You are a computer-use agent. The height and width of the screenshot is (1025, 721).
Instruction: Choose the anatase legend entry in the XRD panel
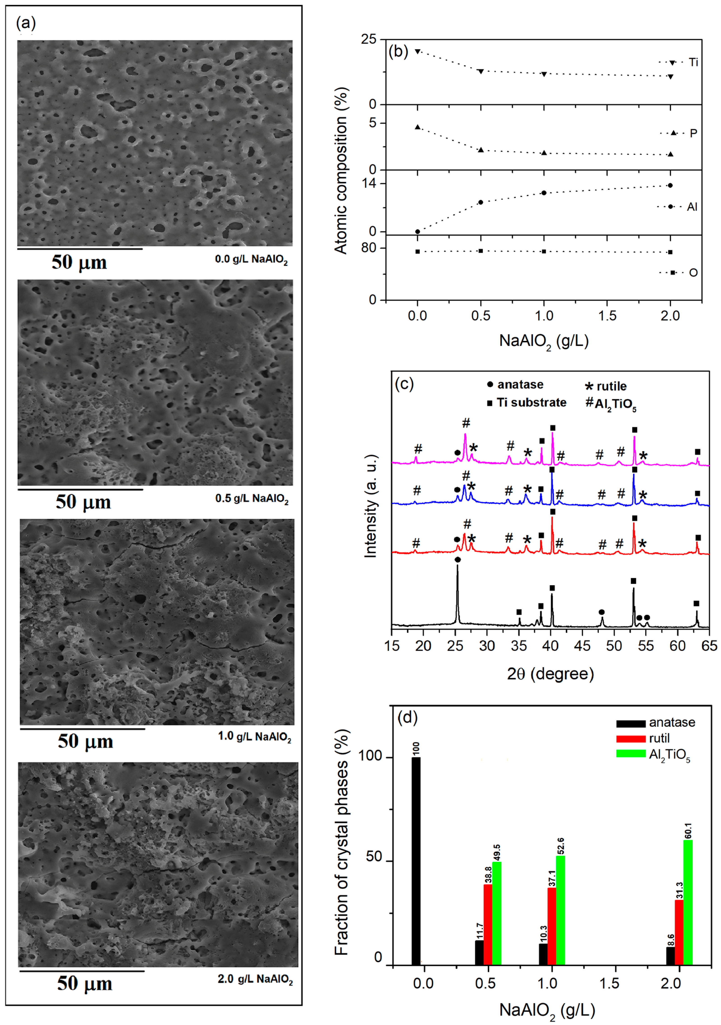516,384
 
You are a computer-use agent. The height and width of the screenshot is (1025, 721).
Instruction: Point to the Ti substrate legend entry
527,403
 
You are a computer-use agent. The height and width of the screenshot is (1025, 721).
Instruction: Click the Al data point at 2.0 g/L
670,185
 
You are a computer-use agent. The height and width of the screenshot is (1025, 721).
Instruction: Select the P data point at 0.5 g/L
481,150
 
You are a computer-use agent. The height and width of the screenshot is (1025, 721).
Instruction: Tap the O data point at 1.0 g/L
544,251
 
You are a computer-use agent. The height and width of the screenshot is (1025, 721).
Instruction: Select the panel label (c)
404,384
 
